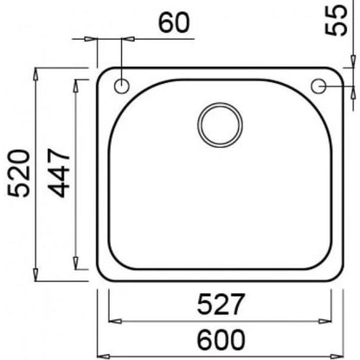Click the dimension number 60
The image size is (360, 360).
(x=174, y=22)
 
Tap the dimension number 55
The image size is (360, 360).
(x=336, y=20)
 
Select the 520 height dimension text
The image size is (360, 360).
(x=19, y=173)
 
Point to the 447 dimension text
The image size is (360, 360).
(x=59, y=173)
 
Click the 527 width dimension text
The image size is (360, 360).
(x=221, y=304)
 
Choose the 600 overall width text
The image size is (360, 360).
(x=221, y=340)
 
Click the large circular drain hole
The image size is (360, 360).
(x=220, y=125)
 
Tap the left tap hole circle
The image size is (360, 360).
(x=122, y=86)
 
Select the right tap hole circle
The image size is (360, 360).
(x=318, y=86)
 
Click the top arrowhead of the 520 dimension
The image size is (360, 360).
(x=35, y=74)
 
